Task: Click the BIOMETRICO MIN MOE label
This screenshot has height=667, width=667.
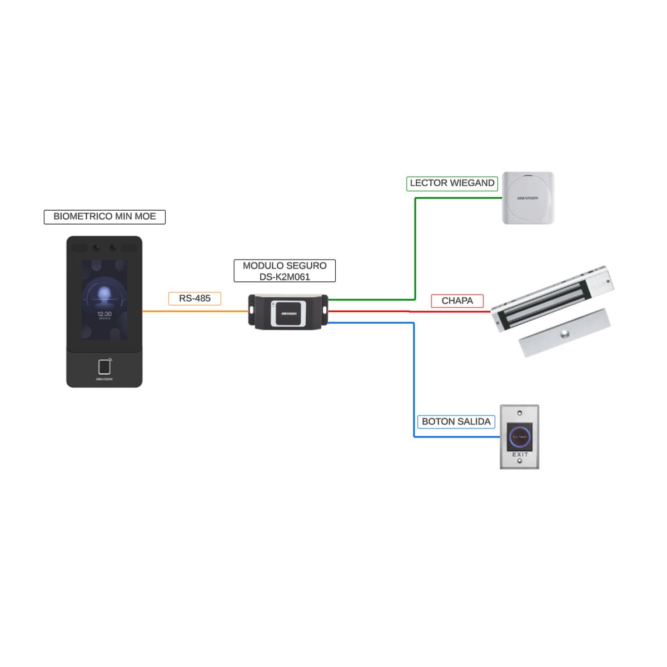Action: click(104, 217)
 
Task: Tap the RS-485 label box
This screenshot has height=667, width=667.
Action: click(195, 298)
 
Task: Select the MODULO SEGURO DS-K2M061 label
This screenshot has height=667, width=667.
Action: click(285, 271)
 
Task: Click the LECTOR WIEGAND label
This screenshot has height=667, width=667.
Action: click(452, 183)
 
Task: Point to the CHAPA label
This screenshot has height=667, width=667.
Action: click(457, 301)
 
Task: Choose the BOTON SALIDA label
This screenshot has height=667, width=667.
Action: click(456, 421)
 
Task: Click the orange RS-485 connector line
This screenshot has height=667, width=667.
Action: click(195, 311)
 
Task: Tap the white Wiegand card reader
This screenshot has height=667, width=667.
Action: click(528, 198)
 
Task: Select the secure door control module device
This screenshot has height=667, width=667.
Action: click(288, 312)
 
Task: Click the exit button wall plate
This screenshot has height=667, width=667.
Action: click(520, 437)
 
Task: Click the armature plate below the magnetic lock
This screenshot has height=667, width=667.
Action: click(564, 333)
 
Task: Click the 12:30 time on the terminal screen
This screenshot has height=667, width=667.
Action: click(104, 314)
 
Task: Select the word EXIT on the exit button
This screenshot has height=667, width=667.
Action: click(520, 455)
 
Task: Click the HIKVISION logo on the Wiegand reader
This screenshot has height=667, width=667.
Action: click(528, 198)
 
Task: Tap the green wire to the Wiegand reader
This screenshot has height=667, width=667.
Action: click(415, 250)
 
